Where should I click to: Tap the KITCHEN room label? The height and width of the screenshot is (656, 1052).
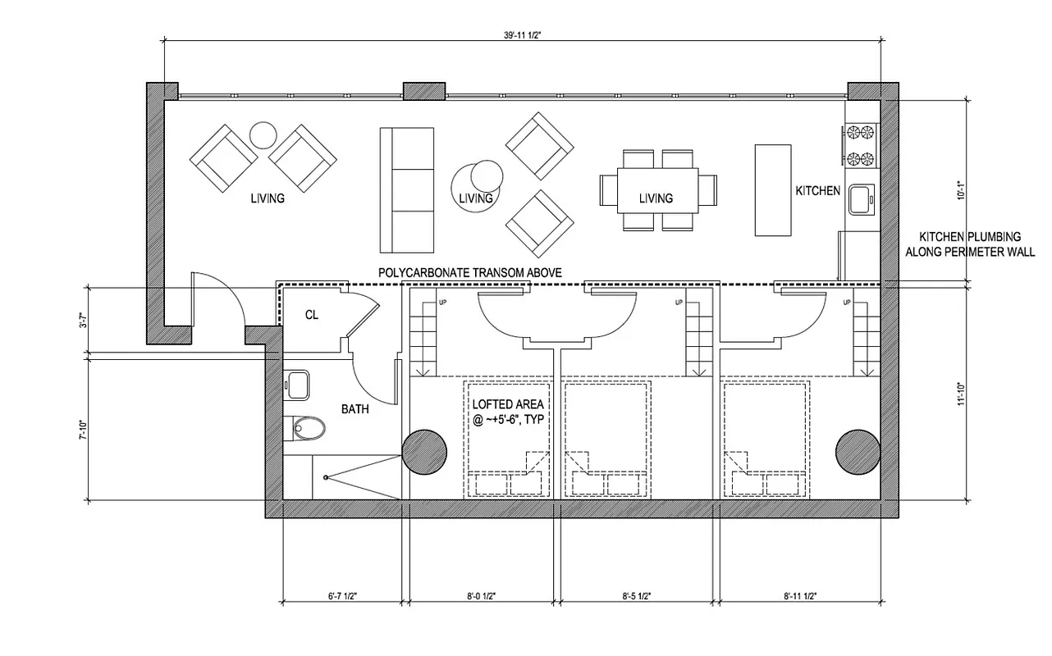817,191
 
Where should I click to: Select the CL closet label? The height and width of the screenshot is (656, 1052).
312,314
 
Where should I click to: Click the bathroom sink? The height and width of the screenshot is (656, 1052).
297,385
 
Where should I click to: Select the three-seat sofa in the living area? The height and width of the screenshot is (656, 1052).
406,189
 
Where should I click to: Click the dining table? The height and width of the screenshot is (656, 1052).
656,189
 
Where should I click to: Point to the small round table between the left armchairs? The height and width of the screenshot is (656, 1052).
264,134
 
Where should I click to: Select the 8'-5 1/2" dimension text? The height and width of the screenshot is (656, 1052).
640,596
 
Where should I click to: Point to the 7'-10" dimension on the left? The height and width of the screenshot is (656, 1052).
81,430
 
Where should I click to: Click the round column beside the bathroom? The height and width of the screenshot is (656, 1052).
424,450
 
